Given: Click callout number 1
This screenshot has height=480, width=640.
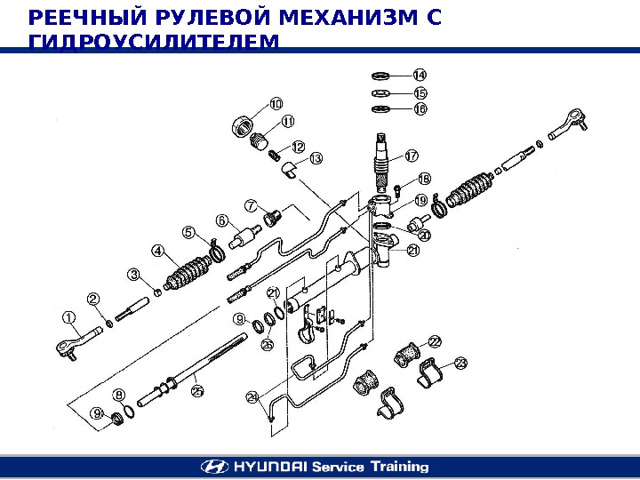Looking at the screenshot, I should [x=68, y=316].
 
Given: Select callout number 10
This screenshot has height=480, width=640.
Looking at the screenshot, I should [x=276, y=104].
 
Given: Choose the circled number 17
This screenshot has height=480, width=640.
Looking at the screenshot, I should [x=412, y=155].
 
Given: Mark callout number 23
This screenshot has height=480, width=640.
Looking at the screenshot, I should [x=460, y=363].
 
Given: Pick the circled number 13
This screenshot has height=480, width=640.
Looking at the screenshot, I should [x=316, y=158].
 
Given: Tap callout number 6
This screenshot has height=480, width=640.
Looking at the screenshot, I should [x=221, y=220].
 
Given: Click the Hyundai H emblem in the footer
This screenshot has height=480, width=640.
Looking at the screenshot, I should [x=212, y=466].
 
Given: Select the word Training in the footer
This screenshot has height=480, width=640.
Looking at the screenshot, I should [x=398, y=466].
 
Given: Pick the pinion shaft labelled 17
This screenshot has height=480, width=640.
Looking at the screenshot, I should [x=382, y=161].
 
